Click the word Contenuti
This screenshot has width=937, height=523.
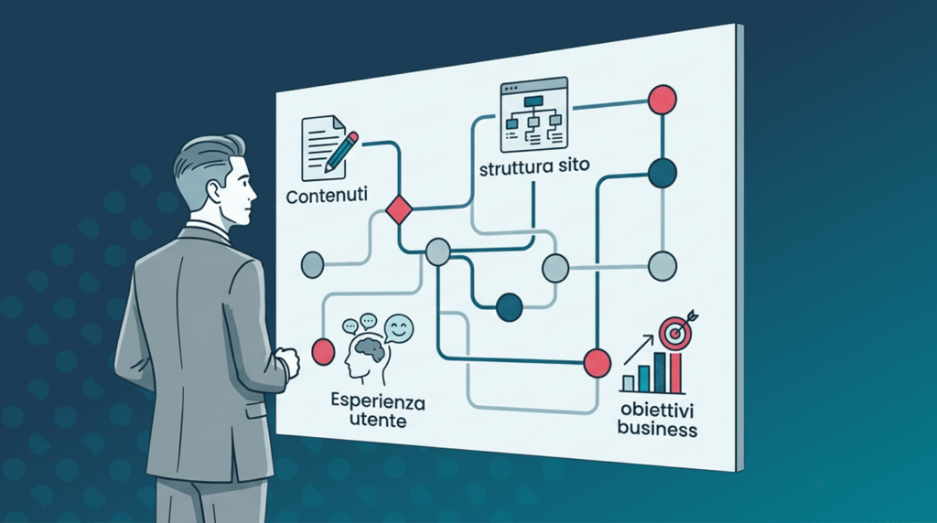point(327,196)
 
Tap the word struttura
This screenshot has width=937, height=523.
point(514,167)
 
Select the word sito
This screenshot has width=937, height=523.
point(573,165)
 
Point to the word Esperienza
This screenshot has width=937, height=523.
point(378,400)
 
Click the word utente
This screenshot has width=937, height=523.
point(378,421)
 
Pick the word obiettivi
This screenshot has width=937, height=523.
point(656,411)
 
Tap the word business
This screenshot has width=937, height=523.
point(657,429)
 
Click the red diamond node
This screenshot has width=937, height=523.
point(399,209)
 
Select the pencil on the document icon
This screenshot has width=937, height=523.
point(342,152)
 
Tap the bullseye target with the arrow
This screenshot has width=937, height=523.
point(677,330)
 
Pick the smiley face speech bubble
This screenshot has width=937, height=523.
point(399,327)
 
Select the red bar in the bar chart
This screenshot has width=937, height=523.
point(676,372)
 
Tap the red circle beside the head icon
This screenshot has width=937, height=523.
point(323,352)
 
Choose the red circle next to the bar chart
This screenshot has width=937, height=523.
point(597,363)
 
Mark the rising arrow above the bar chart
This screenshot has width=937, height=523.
point(638,350)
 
